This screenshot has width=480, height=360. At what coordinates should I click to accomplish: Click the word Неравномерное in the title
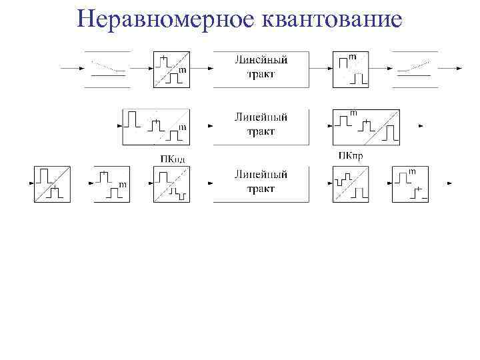(163, 19)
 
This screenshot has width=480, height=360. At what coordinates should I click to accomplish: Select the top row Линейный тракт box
(261, 68)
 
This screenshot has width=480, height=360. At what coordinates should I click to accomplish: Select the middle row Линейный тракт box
(261, 125)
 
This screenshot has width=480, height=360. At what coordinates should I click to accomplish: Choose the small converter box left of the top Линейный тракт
(171, 68)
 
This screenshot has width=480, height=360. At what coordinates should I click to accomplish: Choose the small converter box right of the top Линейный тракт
(351, 68)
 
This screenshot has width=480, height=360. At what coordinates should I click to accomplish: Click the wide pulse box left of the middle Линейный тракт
(155, 125)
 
